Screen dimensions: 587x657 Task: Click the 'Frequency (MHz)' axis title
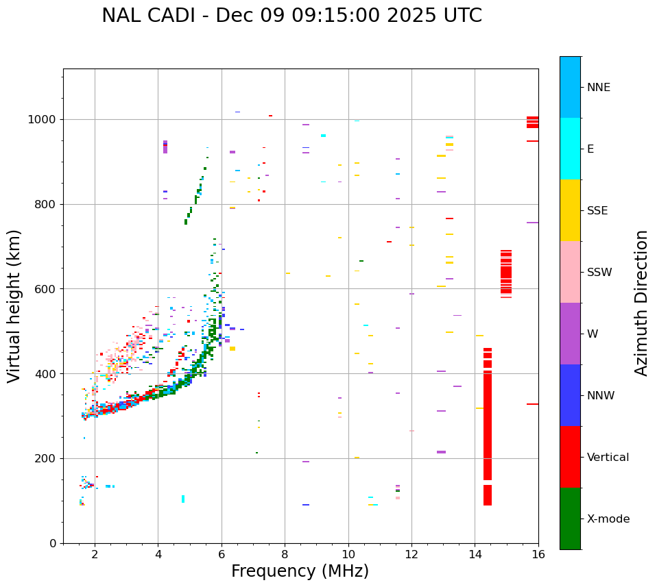(x=300, y=571)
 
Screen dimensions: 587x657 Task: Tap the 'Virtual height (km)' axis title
(x=14, y=306)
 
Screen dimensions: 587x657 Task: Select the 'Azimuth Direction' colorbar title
(x=641, y=302)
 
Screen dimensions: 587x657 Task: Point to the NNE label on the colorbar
(x=598, y=88)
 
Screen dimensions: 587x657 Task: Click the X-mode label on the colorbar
(x=608, y=519)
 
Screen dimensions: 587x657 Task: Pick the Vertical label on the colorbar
(x=608, y=458)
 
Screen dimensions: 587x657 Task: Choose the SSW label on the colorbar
(x=599, y=273)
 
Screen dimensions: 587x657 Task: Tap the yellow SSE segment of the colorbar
(x=570, y=210)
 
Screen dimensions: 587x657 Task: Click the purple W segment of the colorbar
(x=570, y=333)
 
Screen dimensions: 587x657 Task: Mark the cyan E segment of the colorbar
(x=570, y=148)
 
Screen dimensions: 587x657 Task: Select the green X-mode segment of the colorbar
(x=570, y=518)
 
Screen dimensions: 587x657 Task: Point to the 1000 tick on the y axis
(x=45, y=120)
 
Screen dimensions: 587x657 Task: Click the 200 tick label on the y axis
(x=48, y=459)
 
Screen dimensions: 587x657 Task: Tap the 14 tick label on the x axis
(x=475, y=554)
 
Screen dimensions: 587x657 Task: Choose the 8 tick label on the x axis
(x=285, y=554)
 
